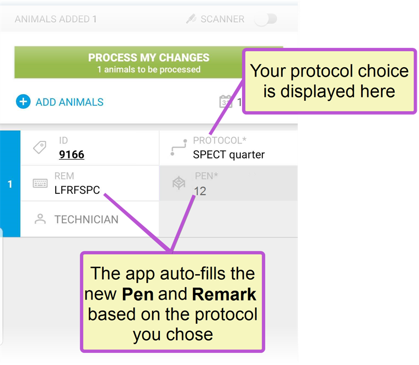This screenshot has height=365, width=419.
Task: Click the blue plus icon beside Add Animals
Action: coord(23,102)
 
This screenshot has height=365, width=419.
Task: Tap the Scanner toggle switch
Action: coord(266,19)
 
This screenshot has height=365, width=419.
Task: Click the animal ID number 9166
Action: coord(72,155)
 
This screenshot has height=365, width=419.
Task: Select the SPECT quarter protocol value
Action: coord(229,155)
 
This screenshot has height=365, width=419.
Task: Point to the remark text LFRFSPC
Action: coord(77,190)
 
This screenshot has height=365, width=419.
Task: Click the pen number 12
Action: coord(200,191)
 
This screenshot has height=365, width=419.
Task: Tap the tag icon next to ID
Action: coord(40,147)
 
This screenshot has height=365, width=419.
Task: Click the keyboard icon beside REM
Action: coord(40,183)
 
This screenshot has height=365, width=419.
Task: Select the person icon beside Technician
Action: coord(40,219)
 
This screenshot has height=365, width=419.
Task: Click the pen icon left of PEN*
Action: coord(179,183)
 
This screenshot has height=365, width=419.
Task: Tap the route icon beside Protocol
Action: coord(179,148)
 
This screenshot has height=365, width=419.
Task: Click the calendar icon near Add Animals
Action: coord(225,101)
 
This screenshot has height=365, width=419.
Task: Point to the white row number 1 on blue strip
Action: coord(10,184)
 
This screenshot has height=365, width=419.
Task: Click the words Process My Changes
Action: coord(149,58)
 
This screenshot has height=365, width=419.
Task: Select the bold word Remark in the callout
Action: coord(224,295)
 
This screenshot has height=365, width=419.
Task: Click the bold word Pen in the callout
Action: coord(138,295)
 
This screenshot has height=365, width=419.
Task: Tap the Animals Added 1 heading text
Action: coord(56,19)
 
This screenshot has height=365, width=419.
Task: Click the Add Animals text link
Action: coord(69,102)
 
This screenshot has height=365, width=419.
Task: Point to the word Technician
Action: coord(87,220)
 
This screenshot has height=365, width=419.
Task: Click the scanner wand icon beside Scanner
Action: coord(191,19)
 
